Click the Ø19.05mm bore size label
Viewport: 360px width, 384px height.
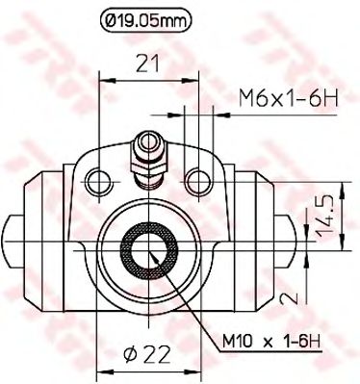145,16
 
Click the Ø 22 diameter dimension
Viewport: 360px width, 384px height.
148,355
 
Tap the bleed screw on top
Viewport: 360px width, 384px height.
147,154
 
